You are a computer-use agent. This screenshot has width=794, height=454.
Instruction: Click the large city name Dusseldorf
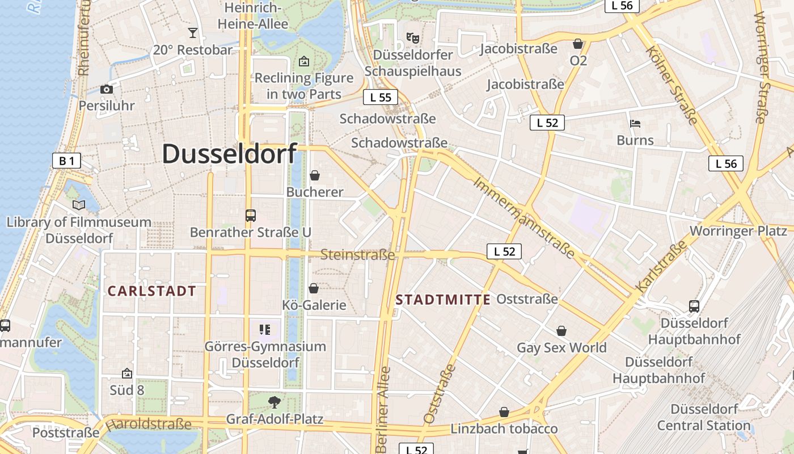pyautogui.click(x=229, y=154)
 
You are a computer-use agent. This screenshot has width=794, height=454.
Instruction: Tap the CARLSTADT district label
pyautogui.click(x=151, y=292)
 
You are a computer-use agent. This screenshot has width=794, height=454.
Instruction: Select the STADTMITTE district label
pyautogui.click(x=443, y=300)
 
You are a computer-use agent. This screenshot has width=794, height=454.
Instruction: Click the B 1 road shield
pyautogui.click(x=66, y=161)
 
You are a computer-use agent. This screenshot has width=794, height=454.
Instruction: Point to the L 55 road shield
pyautogui.click(x=381, y=97)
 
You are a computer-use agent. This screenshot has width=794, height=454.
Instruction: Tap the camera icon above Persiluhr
pyautogui.click(x=106, y=89)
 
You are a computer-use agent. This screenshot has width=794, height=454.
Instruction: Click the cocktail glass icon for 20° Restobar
pyautogui.click(x=193, y=33)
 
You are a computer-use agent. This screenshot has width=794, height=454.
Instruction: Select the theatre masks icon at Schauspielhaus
pyautogui.click(x=413, y=38)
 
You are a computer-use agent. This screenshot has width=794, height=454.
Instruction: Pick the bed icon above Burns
pyautogui.click(x=635, y=123)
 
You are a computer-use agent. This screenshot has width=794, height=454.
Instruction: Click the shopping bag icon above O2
pyautogui.click(x=578, y=43)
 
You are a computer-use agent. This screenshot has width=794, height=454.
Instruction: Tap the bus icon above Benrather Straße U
pyautogui.click(x=250, y=216)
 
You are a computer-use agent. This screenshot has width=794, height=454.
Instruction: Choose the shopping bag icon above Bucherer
pyautogui.click(x=314, y=175)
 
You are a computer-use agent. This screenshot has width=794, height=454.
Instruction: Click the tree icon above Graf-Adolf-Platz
pyautogui.click(x=274, y=402)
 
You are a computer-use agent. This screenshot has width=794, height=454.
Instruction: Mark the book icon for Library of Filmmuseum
pyautogui.click(x=79, y=205)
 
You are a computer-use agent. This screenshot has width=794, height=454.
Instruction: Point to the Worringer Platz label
pyautogui.click(x=738, y=231)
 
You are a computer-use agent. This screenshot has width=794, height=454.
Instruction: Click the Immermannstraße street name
pyautogui.click(x=524, y=217)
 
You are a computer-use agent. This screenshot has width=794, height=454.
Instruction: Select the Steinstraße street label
pyautogui.click(x=357, y=255)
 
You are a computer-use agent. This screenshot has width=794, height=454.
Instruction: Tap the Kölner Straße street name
pyautogui.click(x=671, y=85)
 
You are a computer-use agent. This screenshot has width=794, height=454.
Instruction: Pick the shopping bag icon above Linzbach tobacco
pyautogui.click(x=504, y=412)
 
